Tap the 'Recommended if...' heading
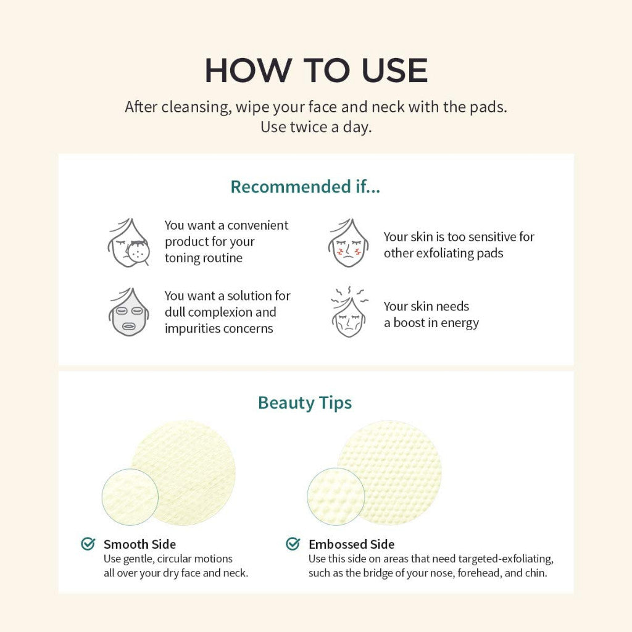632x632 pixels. [x=305, y=186]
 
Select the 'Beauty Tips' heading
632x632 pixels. [x=305, y=402]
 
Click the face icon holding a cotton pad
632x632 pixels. [x=130, y=242]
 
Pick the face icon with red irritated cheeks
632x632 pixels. [x=348, y=243]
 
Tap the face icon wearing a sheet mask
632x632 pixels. [x=129, y=312]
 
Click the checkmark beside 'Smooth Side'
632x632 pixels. [x=88, y=544]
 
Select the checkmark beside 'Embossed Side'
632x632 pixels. [x=293, y=544]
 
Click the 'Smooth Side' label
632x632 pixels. [x=139, y=544]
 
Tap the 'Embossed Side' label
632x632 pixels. [x=351, y=544]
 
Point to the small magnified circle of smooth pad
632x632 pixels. [x=130, y=497]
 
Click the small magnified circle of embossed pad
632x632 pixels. [x=335, y=497]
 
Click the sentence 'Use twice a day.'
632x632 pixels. [x=315, y=127]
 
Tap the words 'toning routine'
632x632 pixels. [x=203, y=258]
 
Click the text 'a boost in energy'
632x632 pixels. [x=431, y=323]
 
